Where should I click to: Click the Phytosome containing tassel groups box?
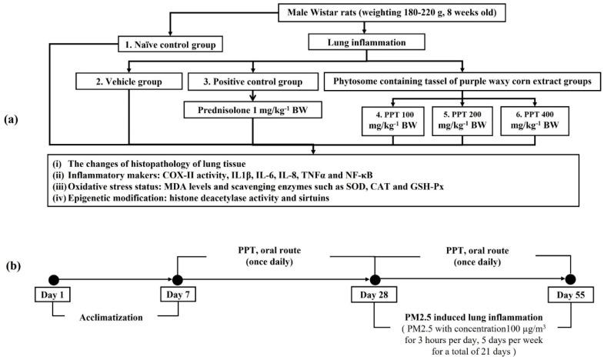456,81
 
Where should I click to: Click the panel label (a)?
15,120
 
